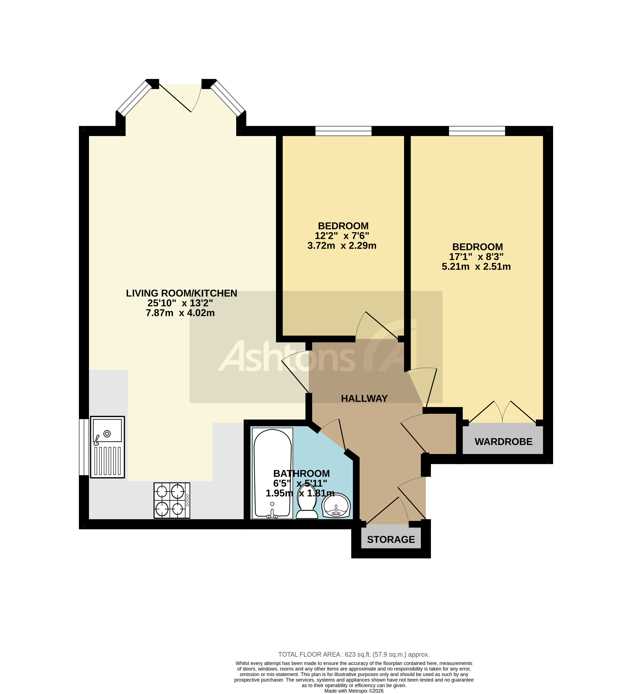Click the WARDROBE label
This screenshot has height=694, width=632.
tap(503, 442)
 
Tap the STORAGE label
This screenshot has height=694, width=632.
tap(391, 539)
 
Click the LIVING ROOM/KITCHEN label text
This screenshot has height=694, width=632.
tap(181, 293)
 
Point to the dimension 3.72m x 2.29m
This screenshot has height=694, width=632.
tap(342, 246)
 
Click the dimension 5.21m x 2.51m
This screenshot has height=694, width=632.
tap(476, 267)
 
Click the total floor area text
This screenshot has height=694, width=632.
tap(354, 654)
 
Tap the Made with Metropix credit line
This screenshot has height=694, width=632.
tap(354, 691)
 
